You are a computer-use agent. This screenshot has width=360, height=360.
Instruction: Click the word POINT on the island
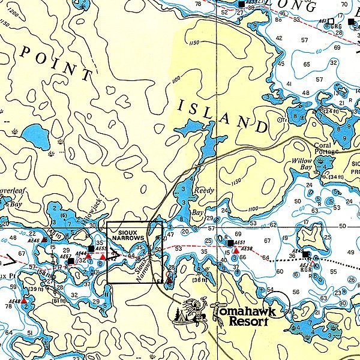pos(57,64)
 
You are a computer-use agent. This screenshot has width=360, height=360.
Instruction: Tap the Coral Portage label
pos(327,148)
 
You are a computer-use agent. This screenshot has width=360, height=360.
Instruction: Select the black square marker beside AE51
pos(230,242)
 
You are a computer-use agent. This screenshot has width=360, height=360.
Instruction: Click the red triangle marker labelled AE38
pos(236,250)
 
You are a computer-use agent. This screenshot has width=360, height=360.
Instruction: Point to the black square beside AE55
pos(91,248)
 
